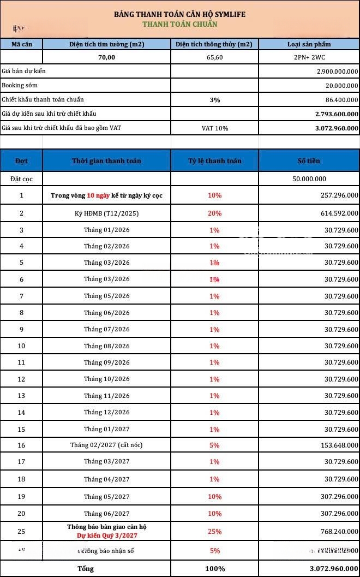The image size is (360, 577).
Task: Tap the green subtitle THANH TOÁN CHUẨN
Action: (180, 24)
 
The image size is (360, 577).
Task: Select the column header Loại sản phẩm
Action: (309, 44)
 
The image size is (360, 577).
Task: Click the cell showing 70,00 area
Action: (106, 57)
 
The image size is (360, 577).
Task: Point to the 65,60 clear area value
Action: (214, 57)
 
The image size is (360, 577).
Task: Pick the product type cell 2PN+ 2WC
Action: (309, 57)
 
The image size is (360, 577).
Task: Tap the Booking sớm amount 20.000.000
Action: (342, 85)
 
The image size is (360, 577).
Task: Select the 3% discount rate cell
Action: (214, 100)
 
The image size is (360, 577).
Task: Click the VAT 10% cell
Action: (214, 128)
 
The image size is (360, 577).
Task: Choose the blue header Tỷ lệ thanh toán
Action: (214, 161)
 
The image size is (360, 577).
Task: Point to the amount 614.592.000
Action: (337, 213)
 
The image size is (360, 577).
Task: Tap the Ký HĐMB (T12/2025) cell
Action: (106, 213)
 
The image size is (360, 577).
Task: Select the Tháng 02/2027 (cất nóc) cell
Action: (106, 445)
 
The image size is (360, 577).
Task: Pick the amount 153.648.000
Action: (337, 445)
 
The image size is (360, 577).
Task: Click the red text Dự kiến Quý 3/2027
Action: (106, 536)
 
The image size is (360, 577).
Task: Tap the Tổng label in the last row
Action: (85, 568)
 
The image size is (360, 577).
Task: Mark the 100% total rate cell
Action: (214, 568)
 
